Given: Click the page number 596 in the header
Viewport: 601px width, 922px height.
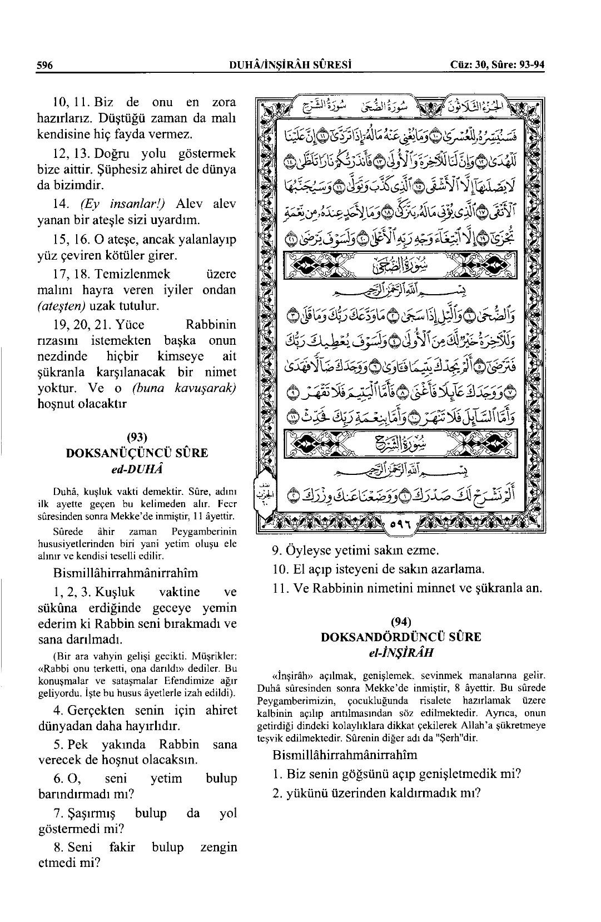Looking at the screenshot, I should point(44,65).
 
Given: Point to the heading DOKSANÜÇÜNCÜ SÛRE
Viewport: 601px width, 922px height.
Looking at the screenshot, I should point(136,453).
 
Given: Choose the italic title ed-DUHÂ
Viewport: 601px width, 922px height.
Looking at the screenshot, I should point(136,468).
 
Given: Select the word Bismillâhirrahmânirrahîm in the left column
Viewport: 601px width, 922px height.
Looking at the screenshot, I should point(125,573).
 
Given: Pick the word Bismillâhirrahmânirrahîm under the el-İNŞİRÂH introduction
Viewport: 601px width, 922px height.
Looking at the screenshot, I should point(345,755).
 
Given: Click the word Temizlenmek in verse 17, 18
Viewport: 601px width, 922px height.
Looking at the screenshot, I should point(132,274).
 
